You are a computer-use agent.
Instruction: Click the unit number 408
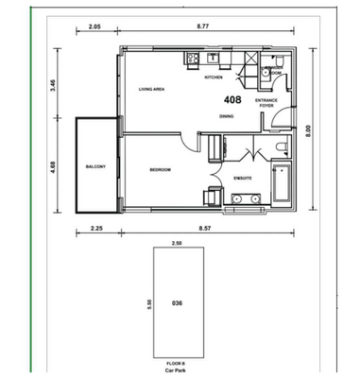coord(231,98)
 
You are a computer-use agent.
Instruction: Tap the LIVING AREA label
coord(152,90)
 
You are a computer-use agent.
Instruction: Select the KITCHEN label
coord(214,78)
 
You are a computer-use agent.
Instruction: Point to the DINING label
coord(227,116)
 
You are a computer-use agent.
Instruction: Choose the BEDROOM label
coord(160,170)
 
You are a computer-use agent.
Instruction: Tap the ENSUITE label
coord(243,177)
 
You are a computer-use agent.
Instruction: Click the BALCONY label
coord(94,166)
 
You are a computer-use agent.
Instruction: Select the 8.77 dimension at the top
coord(203,27)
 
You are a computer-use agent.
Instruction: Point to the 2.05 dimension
coord(94,27)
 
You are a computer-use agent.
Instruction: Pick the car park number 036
coord(177,303)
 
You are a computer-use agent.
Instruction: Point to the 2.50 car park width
coord(177,243)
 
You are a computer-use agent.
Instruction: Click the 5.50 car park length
coord(148,304)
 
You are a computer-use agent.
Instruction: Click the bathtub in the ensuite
coord(281,185)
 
